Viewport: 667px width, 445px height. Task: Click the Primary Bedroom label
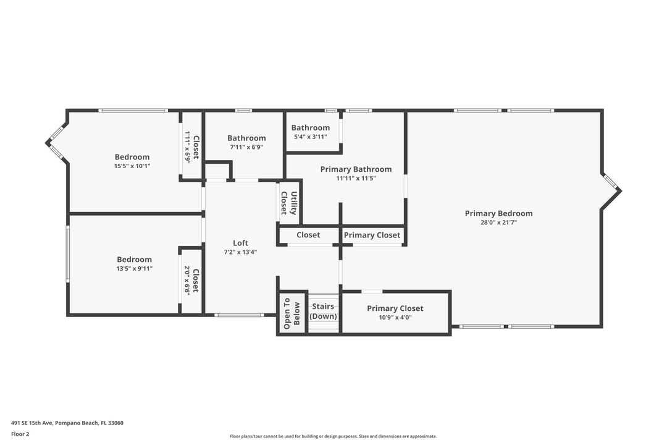point(498,213)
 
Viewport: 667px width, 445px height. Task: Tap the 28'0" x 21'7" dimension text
point(498,222)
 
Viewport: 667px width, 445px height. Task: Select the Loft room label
point(240,243)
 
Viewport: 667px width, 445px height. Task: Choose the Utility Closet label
point(289,203)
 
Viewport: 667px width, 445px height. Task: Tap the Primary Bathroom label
point(356,169)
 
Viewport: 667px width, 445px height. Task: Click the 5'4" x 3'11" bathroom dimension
point(311,137)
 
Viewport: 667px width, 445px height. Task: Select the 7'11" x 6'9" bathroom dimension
point(246,147)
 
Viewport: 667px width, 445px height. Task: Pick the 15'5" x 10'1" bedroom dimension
point(132,166)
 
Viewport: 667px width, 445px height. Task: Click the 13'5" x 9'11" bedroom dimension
point(134,269)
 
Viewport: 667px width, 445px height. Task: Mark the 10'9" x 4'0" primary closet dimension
point(395,318)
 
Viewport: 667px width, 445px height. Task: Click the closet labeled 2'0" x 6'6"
point(191,280)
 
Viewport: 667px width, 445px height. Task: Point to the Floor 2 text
point(20,434)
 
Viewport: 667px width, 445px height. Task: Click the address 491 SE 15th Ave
point(67,423)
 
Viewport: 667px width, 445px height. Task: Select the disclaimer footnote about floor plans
point(333,436)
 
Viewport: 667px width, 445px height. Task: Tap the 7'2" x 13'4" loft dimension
point(240,252)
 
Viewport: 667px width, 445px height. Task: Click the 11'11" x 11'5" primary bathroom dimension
point(356,178)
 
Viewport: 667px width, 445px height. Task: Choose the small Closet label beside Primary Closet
point(308,235)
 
